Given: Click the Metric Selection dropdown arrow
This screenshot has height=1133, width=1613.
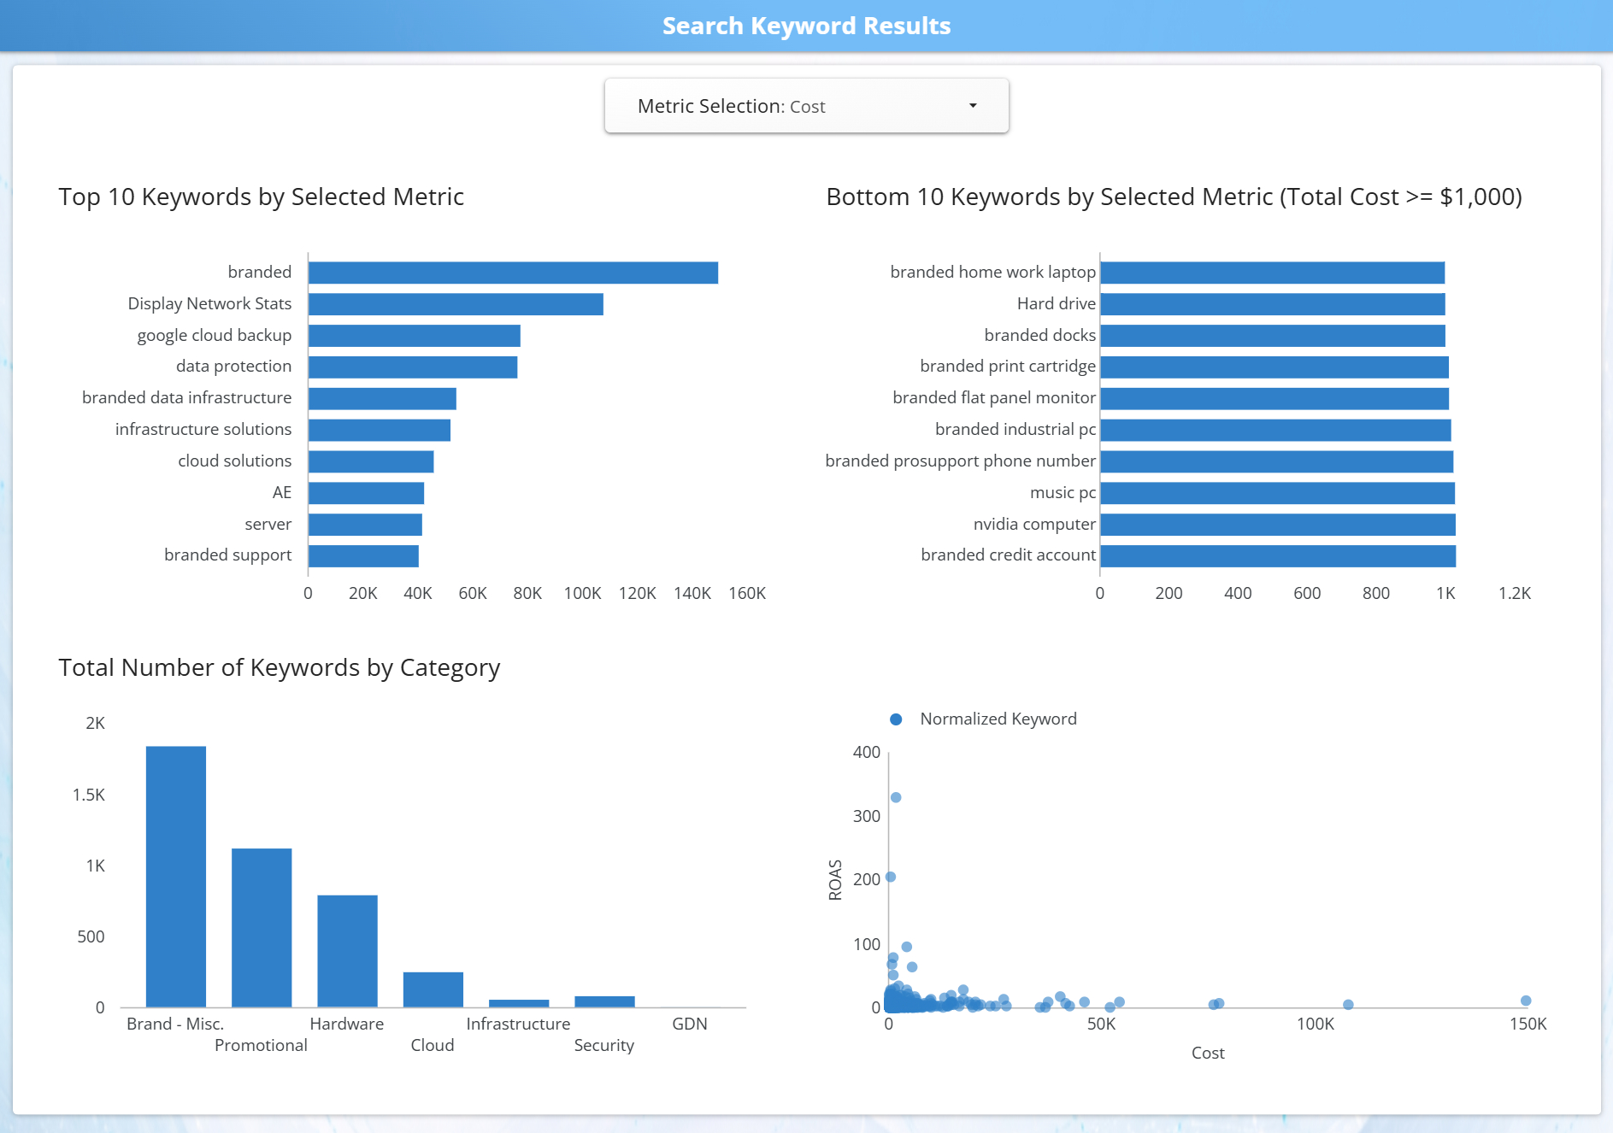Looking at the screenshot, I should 972,106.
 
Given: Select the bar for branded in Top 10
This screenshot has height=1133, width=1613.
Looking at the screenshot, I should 513,273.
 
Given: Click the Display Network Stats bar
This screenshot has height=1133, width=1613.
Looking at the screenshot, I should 456,304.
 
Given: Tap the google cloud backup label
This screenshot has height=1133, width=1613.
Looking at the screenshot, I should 214,335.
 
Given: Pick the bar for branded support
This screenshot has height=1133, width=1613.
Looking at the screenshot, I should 363,556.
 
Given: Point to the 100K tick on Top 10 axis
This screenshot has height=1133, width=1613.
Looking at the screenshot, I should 582,593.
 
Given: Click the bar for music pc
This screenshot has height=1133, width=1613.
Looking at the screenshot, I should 1277,493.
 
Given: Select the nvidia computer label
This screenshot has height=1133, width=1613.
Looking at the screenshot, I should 1033,524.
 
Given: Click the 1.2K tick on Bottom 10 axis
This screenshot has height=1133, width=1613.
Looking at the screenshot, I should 1514,593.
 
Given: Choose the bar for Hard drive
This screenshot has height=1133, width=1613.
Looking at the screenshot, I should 1272,304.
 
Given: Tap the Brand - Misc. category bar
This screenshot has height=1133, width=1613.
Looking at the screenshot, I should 176,877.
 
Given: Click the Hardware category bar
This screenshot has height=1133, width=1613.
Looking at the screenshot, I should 347,951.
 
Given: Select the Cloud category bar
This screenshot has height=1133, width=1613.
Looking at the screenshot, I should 433,989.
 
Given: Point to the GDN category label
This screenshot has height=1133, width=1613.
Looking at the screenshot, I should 689,1024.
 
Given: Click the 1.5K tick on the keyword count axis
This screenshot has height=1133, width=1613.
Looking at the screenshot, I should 89,795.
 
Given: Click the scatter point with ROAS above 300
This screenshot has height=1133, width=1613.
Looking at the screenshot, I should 896,797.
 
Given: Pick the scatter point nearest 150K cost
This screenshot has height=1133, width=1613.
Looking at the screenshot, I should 1526,1001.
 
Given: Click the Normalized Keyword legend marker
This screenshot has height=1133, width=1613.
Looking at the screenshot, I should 896,719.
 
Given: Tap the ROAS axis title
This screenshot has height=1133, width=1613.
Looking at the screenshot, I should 835,879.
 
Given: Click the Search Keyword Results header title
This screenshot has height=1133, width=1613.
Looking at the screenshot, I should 806,26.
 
